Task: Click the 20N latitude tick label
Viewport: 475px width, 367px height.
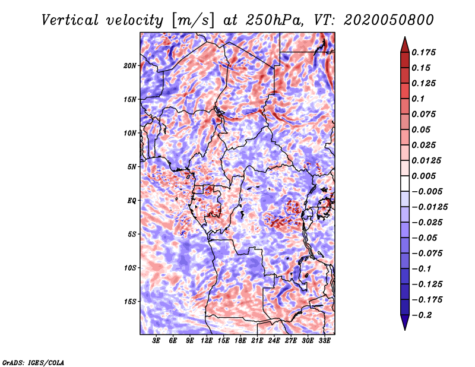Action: click(x=129, y=66)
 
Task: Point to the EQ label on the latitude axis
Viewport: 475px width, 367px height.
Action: click(x=131, y=201)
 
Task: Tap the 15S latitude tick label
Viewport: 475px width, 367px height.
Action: click(x=129, y=302)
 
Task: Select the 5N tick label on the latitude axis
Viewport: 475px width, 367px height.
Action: click(x=131, y=167)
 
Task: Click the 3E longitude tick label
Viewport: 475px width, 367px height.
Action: click(x=156, y=340)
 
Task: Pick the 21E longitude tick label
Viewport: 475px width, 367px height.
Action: click(x=257, y=340)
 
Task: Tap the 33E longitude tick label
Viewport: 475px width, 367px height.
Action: click(x=324, y=340)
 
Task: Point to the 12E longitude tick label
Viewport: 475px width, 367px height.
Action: click(x=207, y=340)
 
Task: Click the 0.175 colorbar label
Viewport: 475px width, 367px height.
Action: click(x=424, y=52)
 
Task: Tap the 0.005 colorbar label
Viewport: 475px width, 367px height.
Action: click(x=424, y=176)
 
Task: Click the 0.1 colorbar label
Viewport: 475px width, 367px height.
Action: click(x=419, y=99)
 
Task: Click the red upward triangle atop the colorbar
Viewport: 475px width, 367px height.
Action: click(x=405, y=45)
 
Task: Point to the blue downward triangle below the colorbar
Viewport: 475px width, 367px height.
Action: click(x=405, y=322)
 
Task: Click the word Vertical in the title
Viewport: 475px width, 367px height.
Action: click(x=70, y=20)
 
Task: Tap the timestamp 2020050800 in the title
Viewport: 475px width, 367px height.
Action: click(x=389, y=20)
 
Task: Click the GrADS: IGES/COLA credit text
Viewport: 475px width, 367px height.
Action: click(x=33, y=362)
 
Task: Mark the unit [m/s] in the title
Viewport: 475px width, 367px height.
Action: click(x=193, y=20)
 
